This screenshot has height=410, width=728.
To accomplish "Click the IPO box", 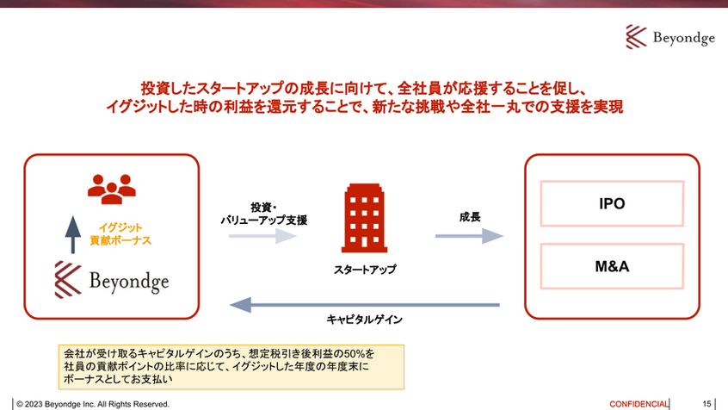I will pos(612,205).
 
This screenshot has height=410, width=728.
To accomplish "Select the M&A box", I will pos(612,267).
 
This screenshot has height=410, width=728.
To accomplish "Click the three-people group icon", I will pos(112,189).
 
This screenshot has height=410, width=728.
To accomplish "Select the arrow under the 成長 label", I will pos(469,236).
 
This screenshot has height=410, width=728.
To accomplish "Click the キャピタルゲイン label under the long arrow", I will pos(365,320).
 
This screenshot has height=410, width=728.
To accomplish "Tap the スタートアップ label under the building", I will pos(366,270).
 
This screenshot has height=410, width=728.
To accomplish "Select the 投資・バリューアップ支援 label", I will pos(263,214).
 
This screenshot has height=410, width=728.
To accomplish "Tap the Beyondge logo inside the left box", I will pos(112,280).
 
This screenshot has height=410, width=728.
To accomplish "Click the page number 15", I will pos(706,403).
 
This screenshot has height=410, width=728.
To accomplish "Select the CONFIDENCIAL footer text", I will pos(639,403).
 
